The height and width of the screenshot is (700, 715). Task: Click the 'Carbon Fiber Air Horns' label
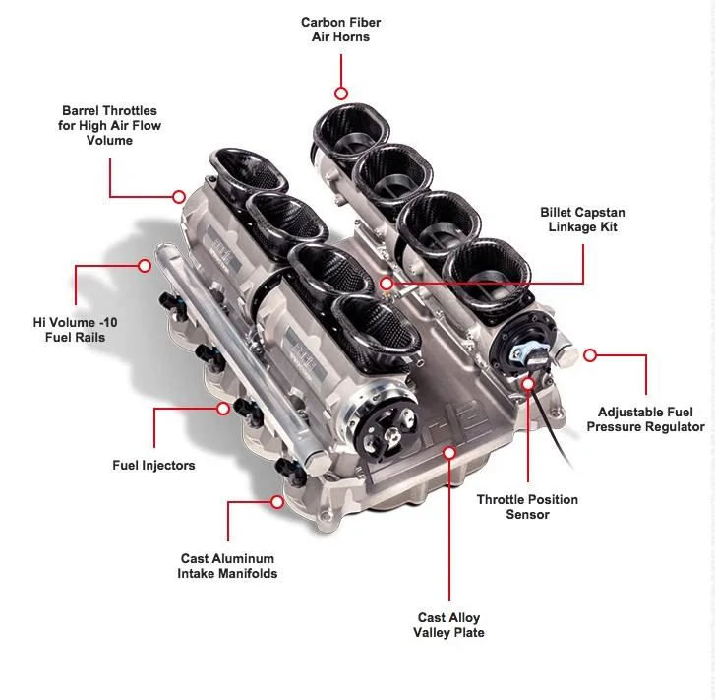coord(340,30)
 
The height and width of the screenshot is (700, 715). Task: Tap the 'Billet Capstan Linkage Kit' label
coord(582,220)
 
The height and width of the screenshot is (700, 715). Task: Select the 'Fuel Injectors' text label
coord(153,465)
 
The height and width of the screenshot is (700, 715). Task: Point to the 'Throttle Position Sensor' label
coord(527,506)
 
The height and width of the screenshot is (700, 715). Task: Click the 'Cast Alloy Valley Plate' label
coord(448,624)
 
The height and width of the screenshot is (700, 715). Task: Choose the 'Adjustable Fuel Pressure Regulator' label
coord(645,419)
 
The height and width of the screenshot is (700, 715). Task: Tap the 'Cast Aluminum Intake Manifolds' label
coord(227,566)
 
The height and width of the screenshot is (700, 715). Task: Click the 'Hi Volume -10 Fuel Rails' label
coord(76,329)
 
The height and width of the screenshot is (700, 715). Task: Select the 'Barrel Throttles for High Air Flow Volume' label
coord(109,125)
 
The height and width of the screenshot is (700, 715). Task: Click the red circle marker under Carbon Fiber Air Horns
coord(341,94)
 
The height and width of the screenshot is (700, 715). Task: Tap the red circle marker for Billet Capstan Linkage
coord(387,284)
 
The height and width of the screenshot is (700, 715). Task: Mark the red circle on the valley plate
coord(449,453)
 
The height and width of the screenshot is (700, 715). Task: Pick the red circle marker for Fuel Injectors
coord(223,409)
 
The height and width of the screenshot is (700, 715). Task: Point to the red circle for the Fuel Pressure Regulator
coord(590,354)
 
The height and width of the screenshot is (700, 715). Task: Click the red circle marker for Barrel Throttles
coord(179,196)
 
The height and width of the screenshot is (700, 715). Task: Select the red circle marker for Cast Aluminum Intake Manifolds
coord(276,502)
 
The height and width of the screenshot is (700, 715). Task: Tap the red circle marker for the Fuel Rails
coord(145,265)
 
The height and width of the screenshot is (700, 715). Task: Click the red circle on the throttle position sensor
coord(528,384)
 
